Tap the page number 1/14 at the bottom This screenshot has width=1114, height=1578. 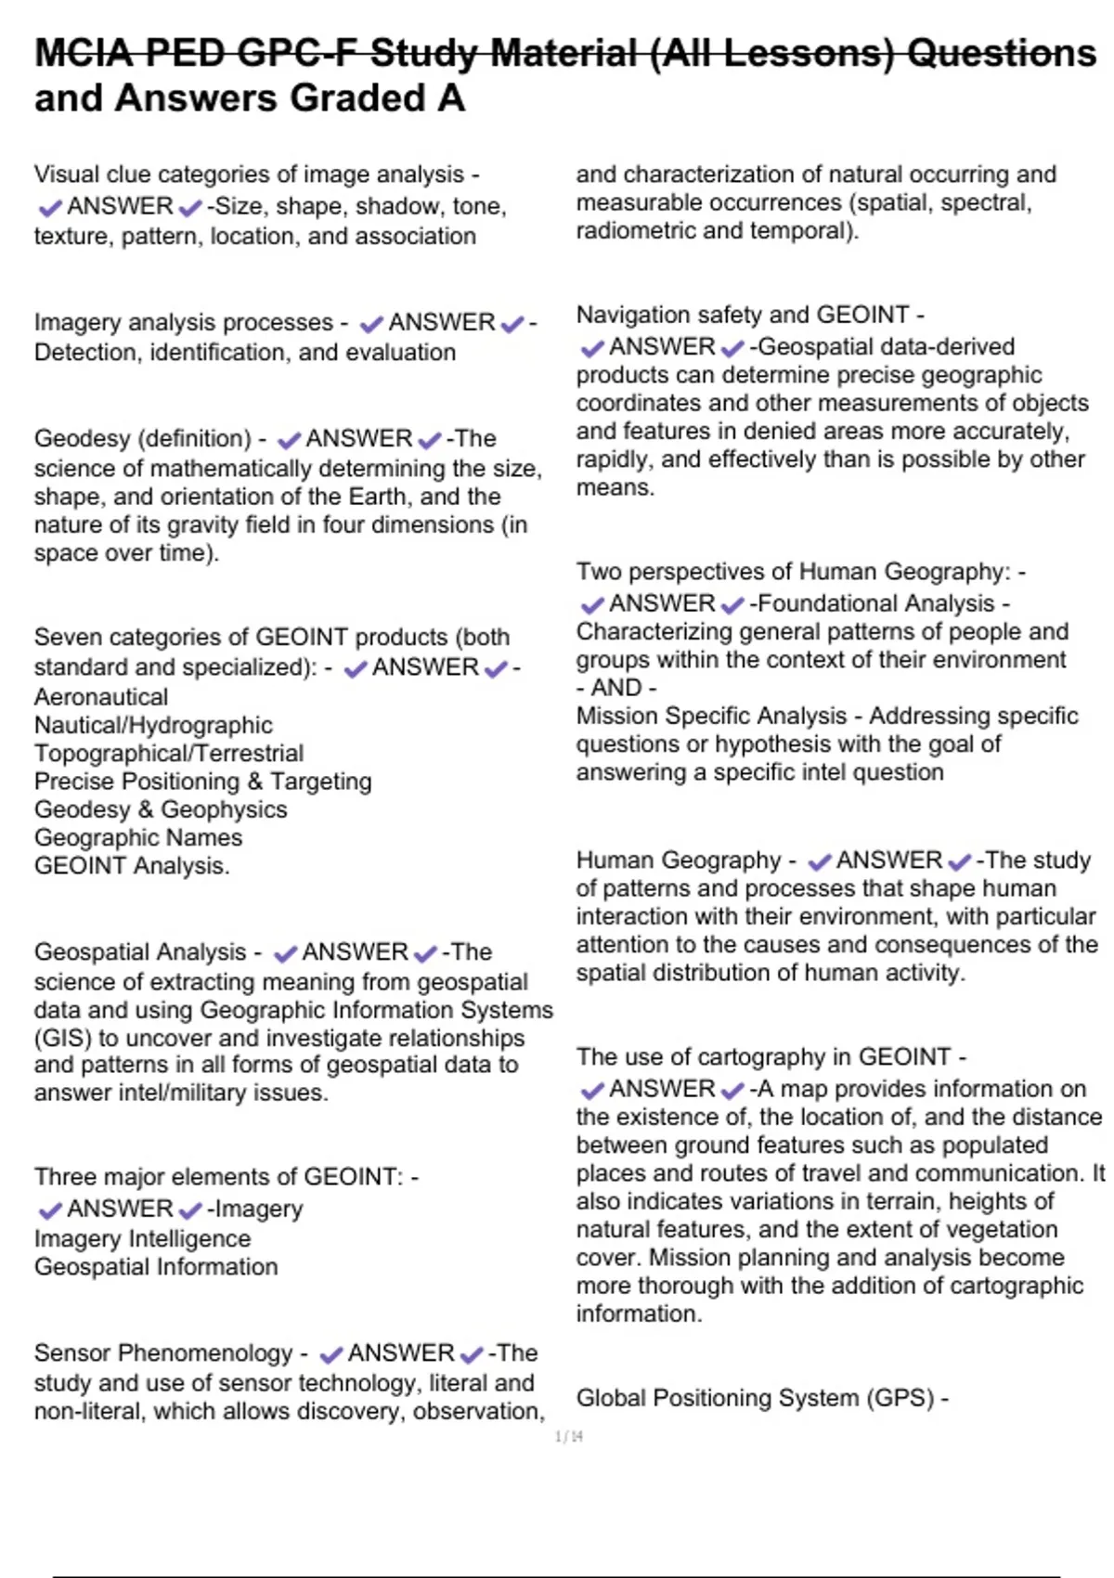click(568, 1437)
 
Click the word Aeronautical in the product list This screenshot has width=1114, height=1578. click(101, 697)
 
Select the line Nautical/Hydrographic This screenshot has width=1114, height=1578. click(153, 725)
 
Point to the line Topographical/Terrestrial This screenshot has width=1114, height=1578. click(169, 753)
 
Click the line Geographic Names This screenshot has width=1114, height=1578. click(138, 837)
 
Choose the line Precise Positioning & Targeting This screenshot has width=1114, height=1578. click(202, 782)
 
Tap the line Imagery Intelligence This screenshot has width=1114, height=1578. click(142, 1238)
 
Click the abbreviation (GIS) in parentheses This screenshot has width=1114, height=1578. click(62, 1038)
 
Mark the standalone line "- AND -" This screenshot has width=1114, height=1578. click(616, 688)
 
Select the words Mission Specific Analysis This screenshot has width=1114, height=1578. click(711, 716)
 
